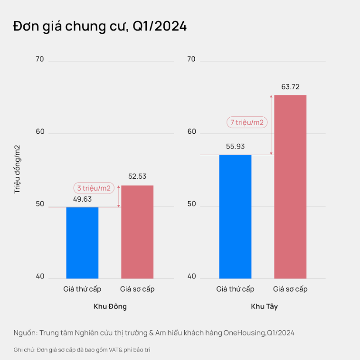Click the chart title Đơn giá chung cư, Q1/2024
[x=100, y=27]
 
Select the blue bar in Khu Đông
[x=82, y=242]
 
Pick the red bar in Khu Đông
[x=137, y=232]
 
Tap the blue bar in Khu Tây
[x=235, y=216]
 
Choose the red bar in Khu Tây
[x=290, y=186]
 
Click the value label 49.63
[x=82, y=199]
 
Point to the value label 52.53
[x=137, y=176]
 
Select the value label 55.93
[x=235, y=147]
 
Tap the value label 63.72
[x=290, y=87]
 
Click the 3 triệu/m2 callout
[x=94, y=188]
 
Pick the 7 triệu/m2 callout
[x=247, y=122]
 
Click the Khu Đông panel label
[x=110, y=306]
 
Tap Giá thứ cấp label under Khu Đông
[x=82, y=289]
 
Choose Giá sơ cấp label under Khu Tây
[x=290, y=289]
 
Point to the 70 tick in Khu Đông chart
[x=39, y=59]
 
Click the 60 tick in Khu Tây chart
[x=191, y=132]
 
